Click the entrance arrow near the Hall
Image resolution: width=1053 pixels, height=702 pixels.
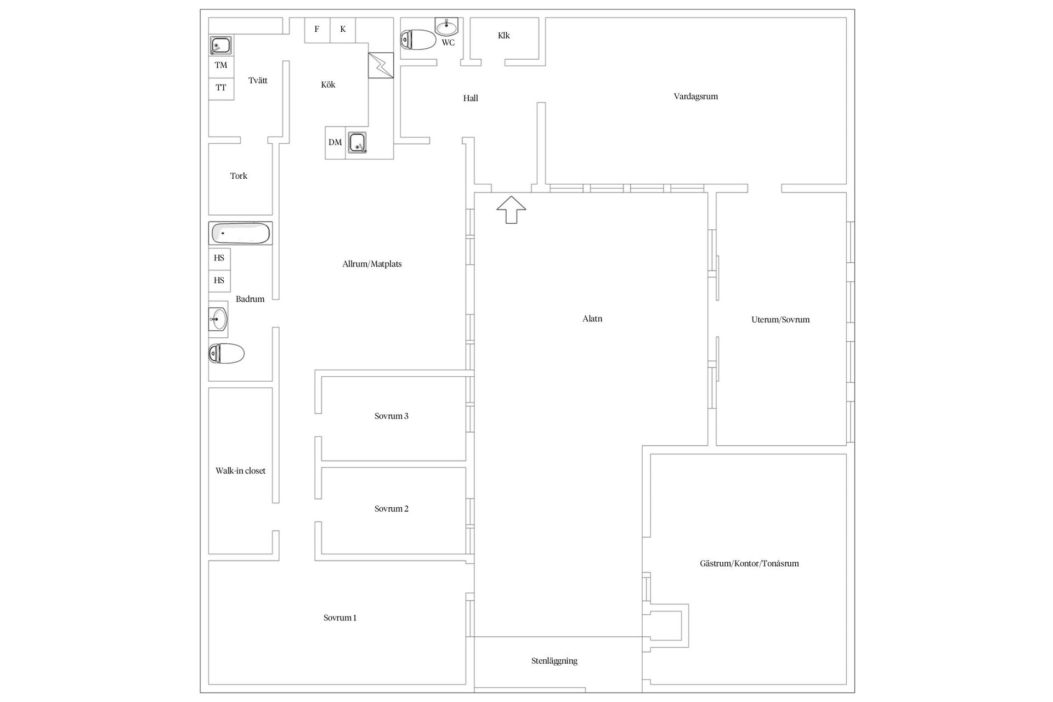[x=511, y=210]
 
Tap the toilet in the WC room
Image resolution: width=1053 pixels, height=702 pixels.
[x=418, y=39]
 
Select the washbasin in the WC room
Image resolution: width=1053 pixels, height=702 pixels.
[x=447, y=26]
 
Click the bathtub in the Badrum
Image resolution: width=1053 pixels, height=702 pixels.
[x=240, y=234]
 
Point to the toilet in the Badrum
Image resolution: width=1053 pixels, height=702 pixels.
[x=227, y=353]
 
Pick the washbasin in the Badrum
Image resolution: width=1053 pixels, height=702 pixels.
[x=218, y=319]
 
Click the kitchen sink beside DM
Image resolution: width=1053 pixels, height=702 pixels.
[x=357, y=143]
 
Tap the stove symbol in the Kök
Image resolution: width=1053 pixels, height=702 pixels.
[x=381, y=65]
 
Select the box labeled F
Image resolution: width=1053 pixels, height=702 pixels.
[x=317, y=30]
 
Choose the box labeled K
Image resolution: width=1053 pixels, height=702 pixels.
[x=343, y=30]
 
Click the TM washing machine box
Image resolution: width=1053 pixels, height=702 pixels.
[x=221, y=66]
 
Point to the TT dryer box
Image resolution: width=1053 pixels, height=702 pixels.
[x=221, y=88]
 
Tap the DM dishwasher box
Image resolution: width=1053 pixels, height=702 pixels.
[x=335, y=143]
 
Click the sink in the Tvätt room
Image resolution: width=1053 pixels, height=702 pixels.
[x=220, y=45]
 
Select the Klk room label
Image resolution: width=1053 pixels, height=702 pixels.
[x=504, y=36]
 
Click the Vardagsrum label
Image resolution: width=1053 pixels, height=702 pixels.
[x=696, y=97]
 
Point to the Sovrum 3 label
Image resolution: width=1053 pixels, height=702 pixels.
[x=392, y=416]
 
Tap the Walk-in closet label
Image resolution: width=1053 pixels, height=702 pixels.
[x=240, y=471]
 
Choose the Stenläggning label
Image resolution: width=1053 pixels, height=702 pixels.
[x=554, y=661]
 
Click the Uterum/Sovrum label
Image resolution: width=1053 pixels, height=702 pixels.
[x=780, y=320]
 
